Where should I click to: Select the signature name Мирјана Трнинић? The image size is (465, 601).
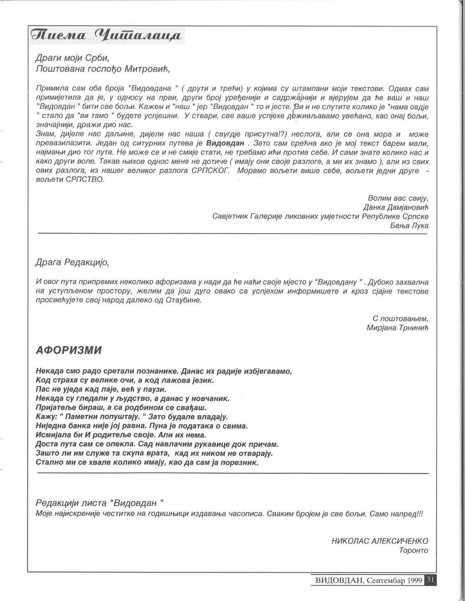pos(398,327)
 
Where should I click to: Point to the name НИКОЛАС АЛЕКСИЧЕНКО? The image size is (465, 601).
pos(380,541)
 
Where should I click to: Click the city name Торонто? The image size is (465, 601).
pos(413,550)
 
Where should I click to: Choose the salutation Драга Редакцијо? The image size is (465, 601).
pos(72,262)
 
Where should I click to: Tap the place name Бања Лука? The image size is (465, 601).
pos(409,225)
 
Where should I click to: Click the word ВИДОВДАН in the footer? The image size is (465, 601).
pos(339,581)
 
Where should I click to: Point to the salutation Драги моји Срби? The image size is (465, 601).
pos(72,58)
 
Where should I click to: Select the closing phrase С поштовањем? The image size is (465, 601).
pos(401,318)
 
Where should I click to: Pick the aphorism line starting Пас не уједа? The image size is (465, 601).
pos(101,389)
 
